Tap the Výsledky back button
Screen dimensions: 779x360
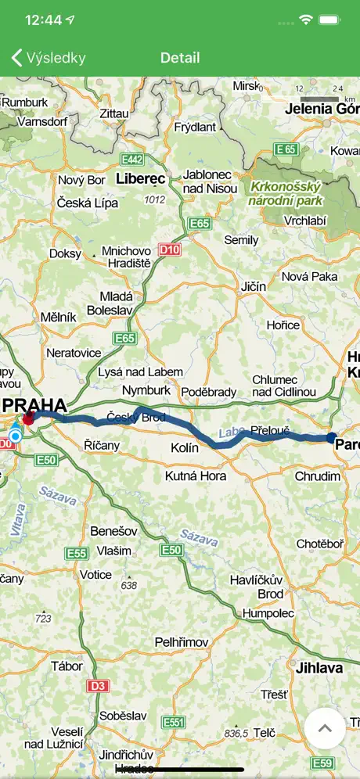tap(49, 58)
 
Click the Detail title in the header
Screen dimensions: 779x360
tap(180, 58)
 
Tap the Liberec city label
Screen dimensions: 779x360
tap(140, 179)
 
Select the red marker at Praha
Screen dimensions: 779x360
tap(28, 419)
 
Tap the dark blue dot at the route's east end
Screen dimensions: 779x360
tap(331, 437)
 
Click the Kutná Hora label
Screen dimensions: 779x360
tap(196, 476)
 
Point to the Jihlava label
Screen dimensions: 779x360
tap(319, 668)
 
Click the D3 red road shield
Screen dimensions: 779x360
tap(97, 686)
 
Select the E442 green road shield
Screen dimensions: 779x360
tap(131, 160)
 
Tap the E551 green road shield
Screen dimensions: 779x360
tap(174, 722)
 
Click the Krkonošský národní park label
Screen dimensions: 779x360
tap(274, 193)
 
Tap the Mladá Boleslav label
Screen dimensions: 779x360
tap(117, 304)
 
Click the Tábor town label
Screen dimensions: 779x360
tap(67, 666)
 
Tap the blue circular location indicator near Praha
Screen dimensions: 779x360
tap(15, 435)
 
